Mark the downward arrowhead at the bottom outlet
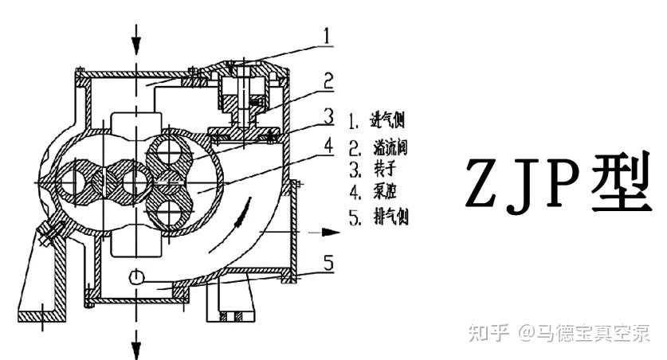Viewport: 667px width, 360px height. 137,347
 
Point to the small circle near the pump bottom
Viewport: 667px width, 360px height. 137,277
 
